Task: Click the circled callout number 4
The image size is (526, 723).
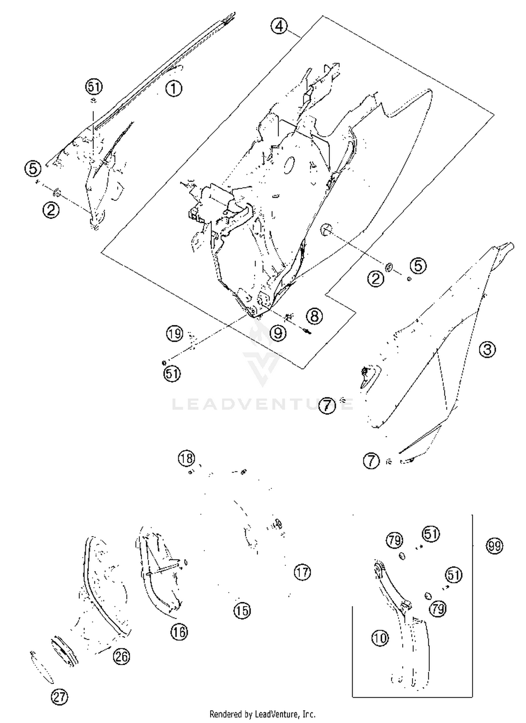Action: pos(279,26)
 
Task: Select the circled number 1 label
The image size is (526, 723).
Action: pos(174,88)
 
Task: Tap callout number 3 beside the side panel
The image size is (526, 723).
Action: pos(487,350)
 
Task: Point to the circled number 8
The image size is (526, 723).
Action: pos(314,316)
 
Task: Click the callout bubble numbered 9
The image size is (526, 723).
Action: pos(278,333)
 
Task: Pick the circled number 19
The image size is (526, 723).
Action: pos(175,333)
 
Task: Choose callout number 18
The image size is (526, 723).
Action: pos(186,458)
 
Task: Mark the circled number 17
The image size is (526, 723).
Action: pos(302,572)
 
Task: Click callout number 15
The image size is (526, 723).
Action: pos(242,611)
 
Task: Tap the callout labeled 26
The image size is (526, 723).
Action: pos(121,657)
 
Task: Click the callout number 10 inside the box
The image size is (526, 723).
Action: pos(380,638)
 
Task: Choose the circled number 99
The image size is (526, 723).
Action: pos(494,546)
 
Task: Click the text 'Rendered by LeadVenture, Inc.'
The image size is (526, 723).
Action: pos(262,714)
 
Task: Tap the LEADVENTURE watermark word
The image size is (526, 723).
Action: pos(262,404)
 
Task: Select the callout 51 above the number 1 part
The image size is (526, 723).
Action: pos(94,87)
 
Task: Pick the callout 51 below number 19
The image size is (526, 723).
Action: pos(172,374)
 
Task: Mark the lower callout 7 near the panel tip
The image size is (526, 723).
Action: pos(371,460)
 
